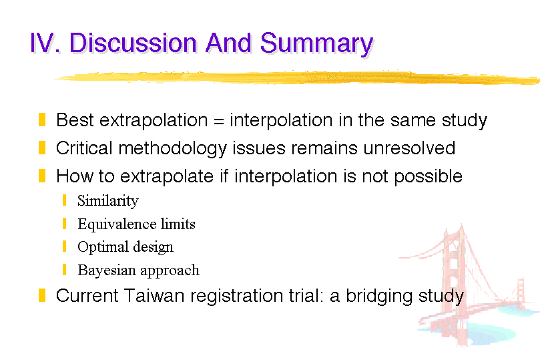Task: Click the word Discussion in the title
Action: click(133, 43)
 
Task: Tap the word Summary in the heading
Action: click(316, 44)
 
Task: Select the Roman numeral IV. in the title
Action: click(45, 43)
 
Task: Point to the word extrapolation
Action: click(154, 121)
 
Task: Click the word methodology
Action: click(172, 149)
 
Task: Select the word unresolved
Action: click(409, 148)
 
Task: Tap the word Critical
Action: click(84, 148)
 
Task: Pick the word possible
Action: click(428, 177)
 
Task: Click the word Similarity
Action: click(107, 201)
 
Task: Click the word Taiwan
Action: click(154, 296)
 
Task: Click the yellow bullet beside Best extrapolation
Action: click(42, 120)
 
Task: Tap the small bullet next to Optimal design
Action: click(64, 246)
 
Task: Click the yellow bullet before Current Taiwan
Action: click(42, 295)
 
